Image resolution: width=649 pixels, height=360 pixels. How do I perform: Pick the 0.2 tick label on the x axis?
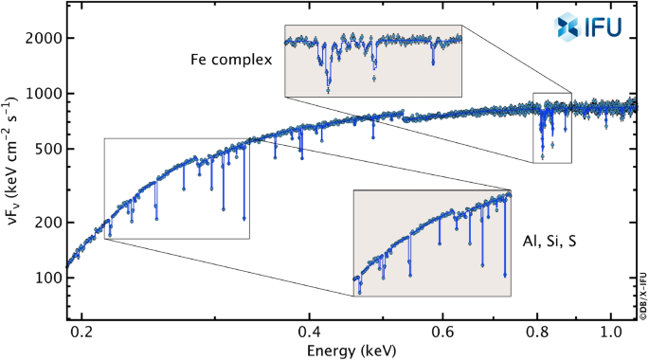click(82, 334)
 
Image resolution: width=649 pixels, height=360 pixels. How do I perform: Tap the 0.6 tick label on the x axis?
click(442, 334)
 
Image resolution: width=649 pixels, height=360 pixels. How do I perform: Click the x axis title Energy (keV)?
click(352, 350)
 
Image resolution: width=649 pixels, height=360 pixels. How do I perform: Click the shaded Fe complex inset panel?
click(373, 62)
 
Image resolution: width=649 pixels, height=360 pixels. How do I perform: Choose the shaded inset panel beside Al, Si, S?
click(432, 243)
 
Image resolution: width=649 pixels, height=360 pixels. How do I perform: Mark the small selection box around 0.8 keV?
click(552, 128)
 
